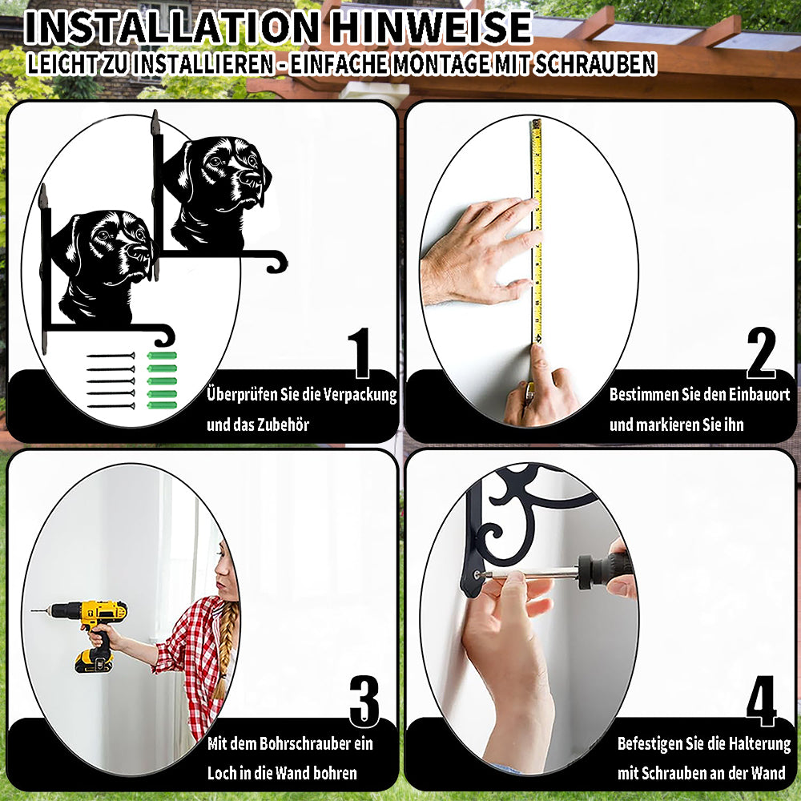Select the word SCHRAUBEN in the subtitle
point(594,64)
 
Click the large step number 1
point(360,352)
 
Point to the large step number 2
point(761,352)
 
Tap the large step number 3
point(364,701)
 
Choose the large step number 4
point(761,701)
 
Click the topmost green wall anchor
point(162,356)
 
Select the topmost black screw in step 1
point(111,356)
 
